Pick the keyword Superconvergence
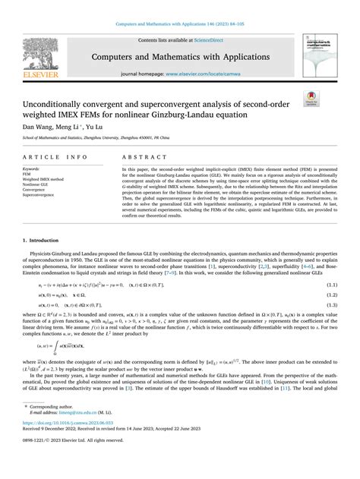[x=41, y=195]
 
